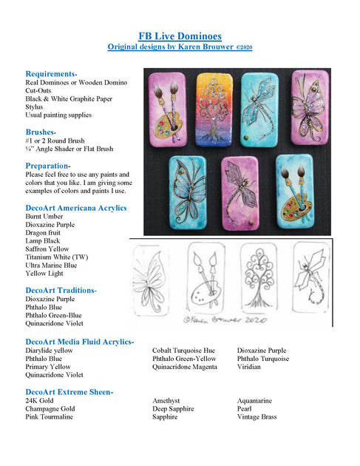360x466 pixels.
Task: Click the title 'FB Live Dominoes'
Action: tap(180, 36)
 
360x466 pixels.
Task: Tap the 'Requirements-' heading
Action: tap(52, 74)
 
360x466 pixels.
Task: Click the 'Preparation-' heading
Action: tap(48, 165)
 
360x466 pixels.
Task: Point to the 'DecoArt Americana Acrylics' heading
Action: tap(76, 208)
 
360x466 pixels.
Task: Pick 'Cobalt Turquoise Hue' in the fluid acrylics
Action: tap(183, 351)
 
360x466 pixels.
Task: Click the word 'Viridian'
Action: tap(250, 367)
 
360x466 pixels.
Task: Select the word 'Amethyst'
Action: tap(169, 401)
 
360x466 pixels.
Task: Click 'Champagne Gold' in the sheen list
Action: tap(50, 409)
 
